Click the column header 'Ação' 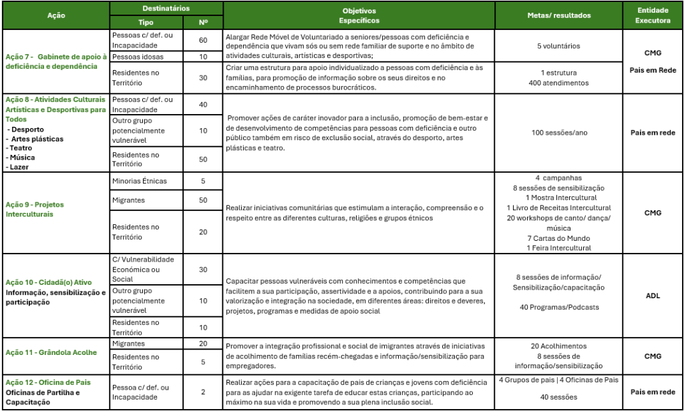pos(56,15)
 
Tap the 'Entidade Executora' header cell pos(653,15)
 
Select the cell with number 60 pos(203,40)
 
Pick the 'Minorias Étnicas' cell pos(139,181)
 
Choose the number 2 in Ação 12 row pos(203,392)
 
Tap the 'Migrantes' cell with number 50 pos(127,200)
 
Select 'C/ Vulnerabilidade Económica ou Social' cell pos(143,269)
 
